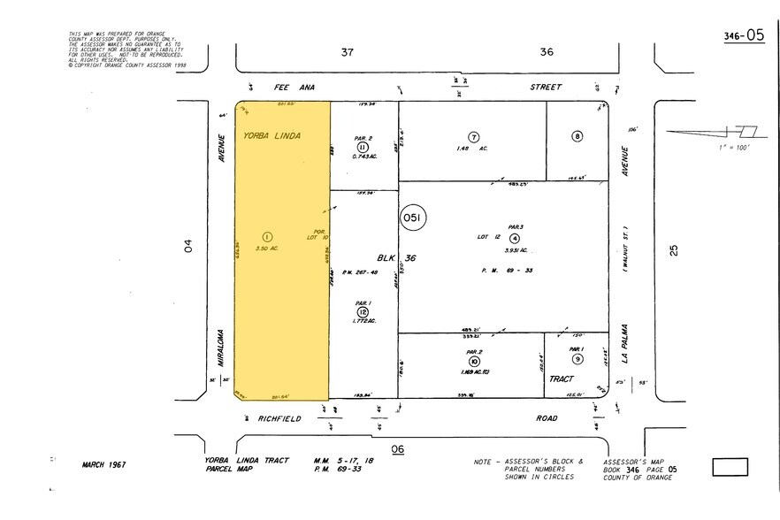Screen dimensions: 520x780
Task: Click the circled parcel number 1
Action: [x=266, y=235]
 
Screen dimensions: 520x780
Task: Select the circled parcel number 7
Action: [x=474, y=137]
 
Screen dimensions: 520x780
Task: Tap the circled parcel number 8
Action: [x=577, y=136]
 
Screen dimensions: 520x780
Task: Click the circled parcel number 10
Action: [x=474, y=362]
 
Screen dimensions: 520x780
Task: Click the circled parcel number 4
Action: [x=514, y=237]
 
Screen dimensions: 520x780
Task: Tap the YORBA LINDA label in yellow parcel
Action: [x=273, y=136]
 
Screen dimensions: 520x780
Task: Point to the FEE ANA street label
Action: [x=270, y=87]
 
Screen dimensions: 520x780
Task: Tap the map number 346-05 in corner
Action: [x=743, y=36]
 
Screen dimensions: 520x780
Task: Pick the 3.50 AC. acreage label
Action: [x=266, y=249]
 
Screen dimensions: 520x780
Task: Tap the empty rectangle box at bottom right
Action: [x=730, y=467]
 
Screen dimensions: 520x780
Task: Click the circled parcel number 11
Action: [x=363, y=147]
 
